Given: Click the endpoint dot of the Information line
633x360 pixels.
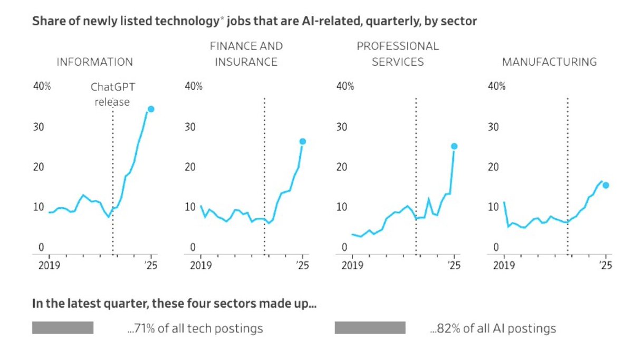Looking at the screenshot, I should pyautogui.click(x=151, y=109).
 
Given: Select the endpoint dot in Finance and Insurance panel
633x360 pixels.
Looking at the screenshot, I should pyautogui.click(x=302, y=141).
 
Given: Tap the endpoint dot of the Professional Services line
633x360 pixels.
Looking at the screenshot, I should pyautogui.click(x=454, y=146).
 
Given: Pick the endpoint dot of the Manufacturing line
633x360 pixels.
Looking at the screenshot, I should pyautogui.click(x=606, y=185).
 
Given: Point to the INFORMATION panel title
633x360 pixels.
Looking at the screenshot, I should pyautogui.click(x=94, y=62).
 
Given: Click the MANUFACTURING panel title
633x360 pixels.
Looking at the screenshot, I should pyautogui.click(x=549, y=62).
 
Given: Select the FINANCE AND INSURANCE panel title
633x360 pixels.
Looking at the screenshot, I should pyautogui.click(x=246, y=54).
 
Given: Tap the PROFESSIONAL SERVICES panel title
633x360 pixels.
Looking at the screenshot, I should pyautogui.click(x=398, y=54).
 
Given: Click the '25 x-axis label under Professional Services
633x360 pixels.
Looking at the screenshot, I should pyautogui.click(x=454, y=266).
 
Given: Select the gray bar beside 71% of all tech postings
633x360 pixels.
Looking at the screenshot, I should pyautogui.click(x=63, y=328).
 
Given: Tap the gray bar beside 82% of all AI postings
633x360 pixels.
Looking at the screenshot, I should pyautogui.click(x=370, y=328).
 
